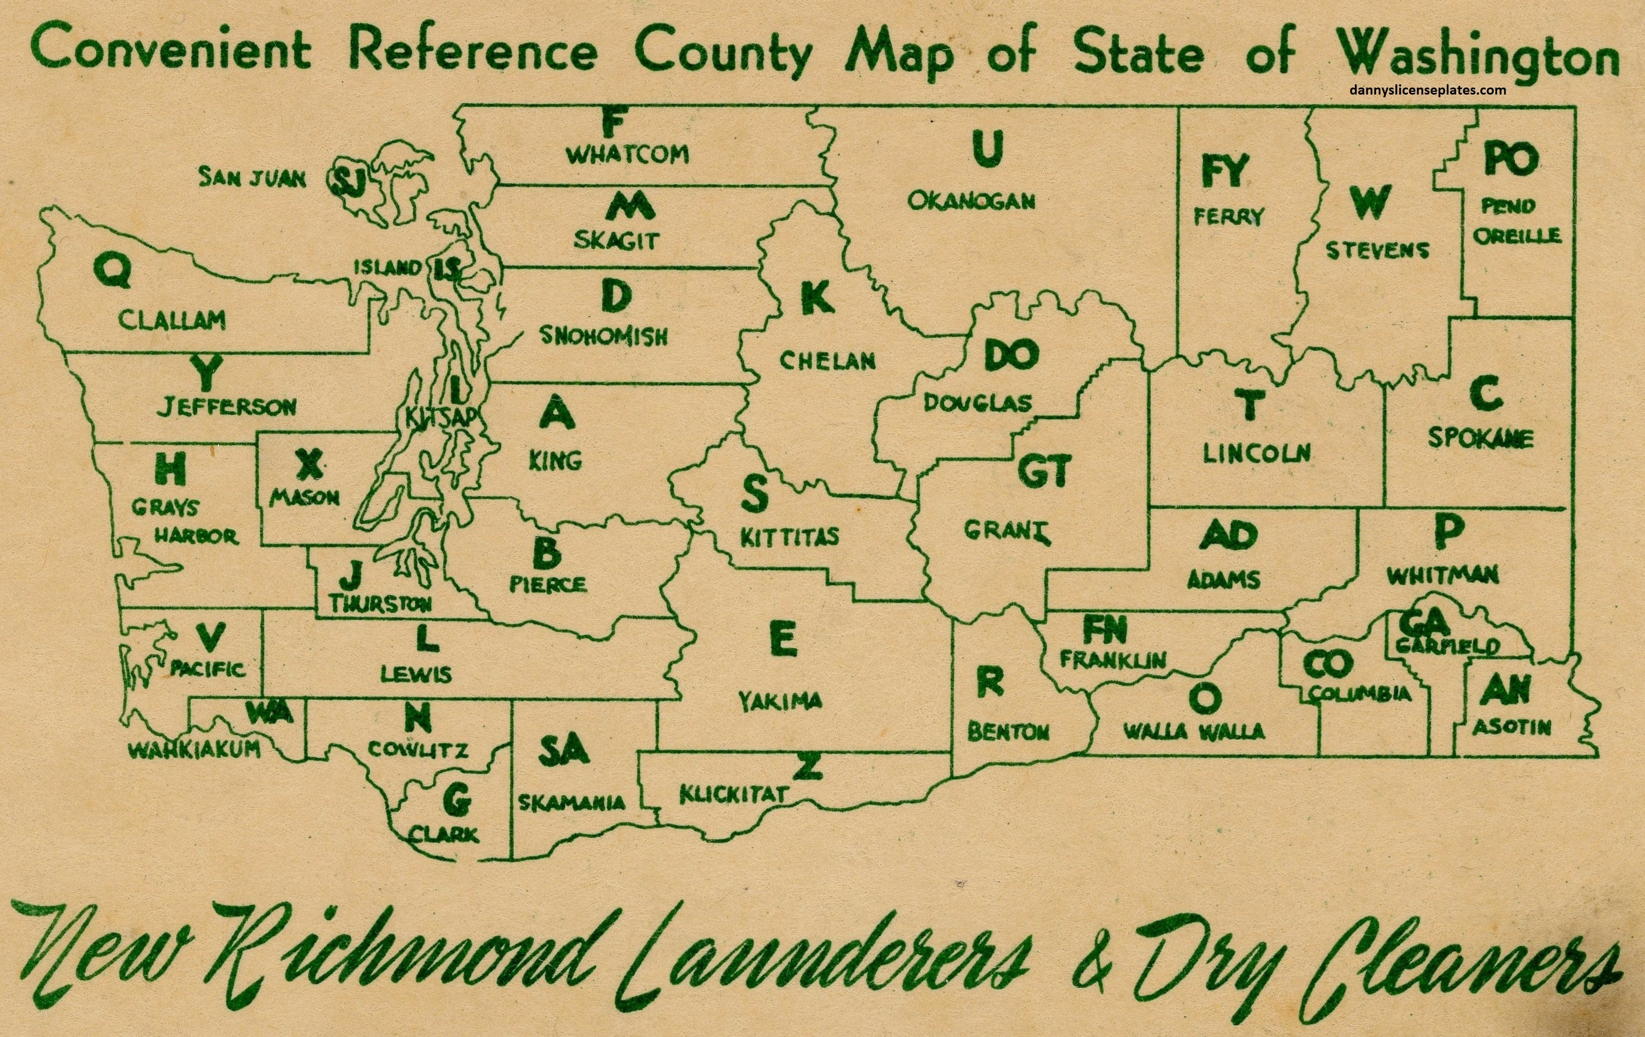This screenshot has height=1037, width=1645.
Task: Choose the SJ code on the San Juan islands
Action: [349, 182]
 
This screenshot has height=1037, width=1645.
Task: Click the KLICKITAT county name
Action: [734, 794]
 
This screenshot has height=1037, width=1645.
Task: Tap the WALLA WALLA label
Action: [1193, 732]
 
